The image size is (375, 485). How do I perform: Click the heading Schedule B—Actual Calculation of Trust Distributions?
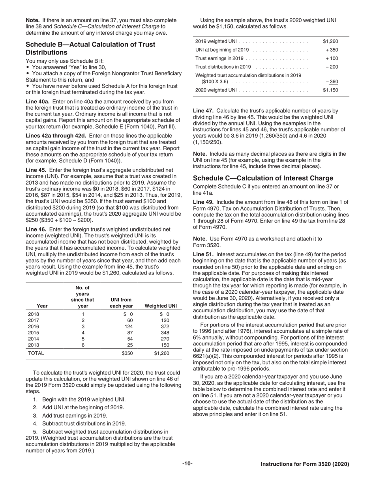click(x=90, y=48)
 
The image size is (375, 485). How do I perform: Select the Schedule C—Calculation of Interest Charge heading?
click(x=263, y=178)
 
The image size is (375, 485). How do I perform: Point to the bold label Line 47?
click(x=204, y=111)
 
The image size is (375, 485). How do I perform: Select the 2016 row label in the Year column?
click(x=34, y=327)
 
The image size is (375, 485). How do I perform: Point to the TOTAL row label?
click(x=36, y=353)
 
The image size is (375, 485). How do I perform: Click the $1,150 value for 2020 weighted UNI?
click(x=330, y=90)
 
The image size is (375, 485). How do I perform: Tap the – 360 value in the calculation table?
click(x=332, y=82)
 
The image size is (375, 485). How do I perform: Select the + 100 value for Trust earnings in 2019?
click(x=332, y=58)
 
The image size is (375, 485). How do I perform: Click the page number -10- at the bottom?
click(x=187, y=464)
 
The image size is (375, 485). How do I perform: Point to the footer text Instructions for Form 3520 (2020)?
click(x=305, y=464)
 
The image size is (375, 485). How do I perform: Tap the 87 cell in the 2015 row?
click(x=129, y=333)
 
